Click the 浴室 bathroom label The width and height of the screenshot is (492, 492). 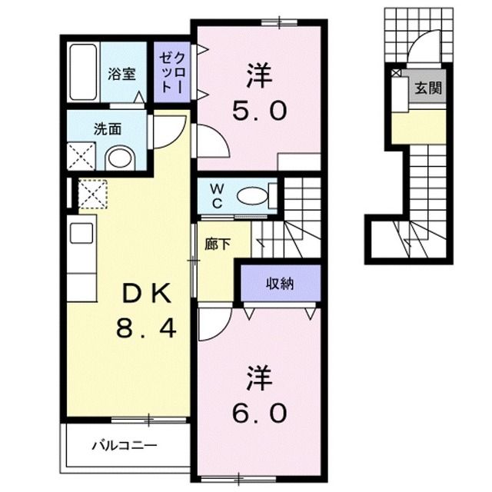(x=121, y=75)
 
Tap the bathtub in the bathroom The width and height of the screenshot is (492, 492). (x=82, y=72)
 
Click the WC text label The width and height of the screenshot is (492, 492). (x=218, y=196)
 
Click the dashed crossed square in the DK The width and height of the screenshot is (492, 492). (x=91, y=193)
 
